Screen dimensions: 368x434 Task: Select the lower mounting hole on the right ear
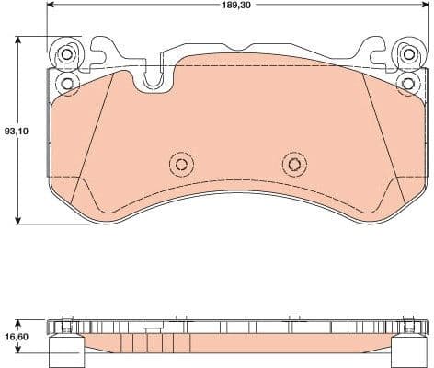(x=407, y=84)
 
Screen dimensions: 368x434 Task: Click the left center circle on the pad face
(x=181, y=165)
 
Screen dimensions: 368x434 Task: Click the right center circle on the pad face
(x=293, y=165)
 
